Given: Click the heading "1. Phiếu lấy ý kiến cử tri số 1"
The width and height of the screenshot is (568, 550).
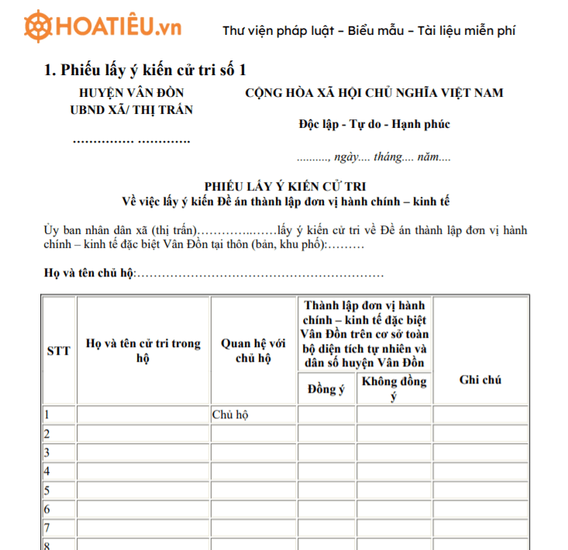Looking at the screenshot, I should tap(145, 70).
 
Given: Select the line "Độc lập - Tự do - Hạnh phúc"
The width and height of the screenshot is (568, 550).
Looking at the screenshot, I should tap(374, 124).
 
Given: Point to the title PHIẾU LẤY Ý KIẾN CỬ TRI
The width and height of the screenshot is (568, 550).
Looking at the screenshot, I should tap(286, 187).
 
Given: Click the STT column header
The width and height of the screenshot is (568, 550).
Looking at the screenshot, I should tap(59, 351).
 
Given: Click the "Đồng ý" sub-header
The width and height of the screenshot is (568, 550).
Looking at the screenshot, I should tap(327, 389).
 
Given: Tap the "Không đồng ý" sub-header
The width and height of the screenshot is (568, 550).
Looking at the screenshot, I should tap(394, 389).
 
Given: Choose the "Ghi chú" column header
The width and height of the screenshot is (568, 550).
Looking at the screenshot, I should tap(480, 380).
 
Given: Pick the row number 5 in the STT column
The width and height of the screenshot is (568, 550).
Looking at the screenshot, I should tap(47, 490).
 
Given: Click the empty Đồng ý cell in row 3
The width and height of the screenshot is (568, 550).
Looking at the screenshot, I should tap(327, 452).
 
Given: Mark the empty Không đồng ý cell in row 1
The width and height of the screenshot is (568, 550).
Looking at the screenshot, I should tap(394, 414).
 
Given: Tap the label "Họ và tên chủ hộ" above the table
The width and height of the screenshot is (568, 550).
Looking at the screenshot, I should tap(89, 274).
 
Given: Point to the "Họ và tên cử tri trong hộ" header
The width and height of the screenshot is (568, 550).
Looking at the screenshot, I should tap(143, 351).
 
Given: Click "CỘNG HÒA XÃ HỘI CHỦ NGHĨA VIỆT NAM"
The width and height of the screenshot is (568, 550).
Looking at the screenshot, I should tap(374, 93).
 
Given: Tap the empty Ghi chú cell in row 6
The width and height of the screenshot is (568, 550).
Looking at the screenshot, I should tap(480, 510).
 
